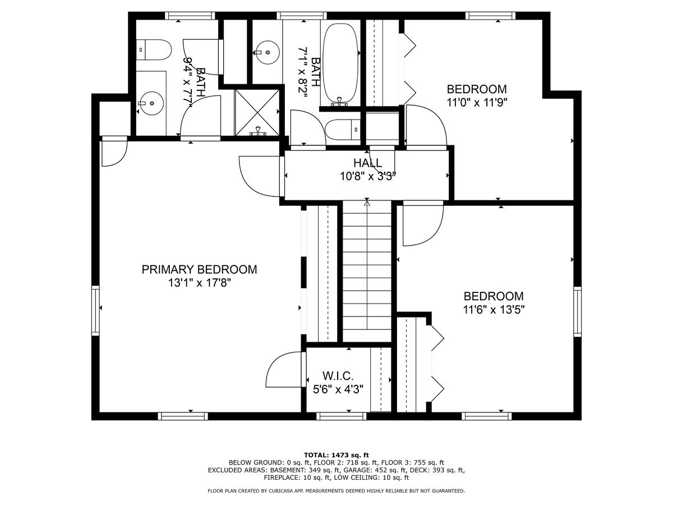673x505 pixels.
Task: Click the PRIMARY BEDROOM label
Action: coord(199,269)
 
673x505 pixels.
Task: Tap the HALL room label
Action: coord(367,163)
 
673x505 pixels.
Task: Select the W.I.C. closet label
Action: coord(338,375)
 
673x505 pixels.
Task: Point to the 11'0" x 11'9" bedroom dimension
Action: coord(477,103)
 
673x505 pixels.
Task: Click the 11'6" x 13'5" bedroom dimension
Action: coord(494,310)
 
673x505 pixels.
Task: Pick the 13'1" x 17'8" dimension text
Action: coord(199,283)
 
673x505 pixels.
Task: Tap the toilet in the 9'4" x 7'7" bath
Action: coord(153,50)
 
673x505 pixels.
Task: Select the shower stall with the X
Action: coord(257,112)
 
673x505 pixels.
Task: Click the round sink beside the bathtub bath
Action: coord(267,53)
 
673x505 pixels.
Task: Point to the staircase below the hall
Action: coord(367,271)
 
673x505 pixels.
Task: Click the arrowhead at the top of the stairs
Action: coord(367,202)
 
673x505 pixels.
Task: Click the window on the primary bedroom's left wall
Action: coord(96,311)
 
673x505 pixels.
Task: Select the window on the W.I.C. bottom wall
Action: coord(341,416)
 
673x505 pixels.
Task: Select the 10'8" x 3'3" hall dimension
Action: coord(368,176)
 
